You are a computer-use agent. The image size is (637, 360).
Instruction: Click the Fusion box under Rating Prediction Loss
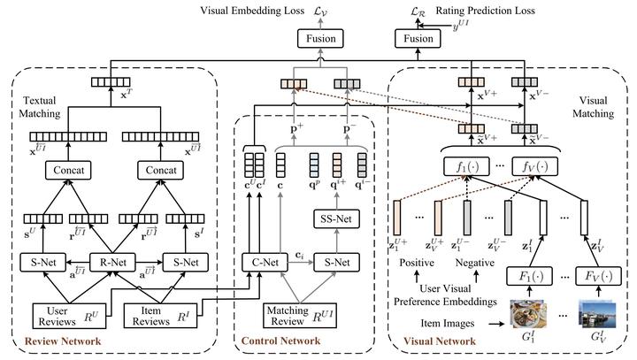[418, 39]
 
